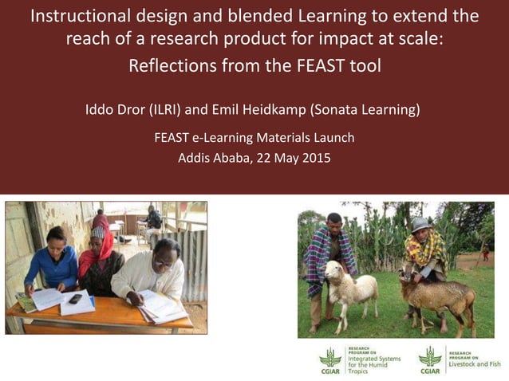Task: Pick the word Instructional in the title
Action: point(80,16)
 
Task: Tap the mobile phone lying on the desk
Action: point(75,299)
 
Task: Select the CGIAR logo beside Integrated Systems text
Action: point(330,359)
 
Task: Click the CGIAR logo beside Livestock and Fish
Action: point(430,359)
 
